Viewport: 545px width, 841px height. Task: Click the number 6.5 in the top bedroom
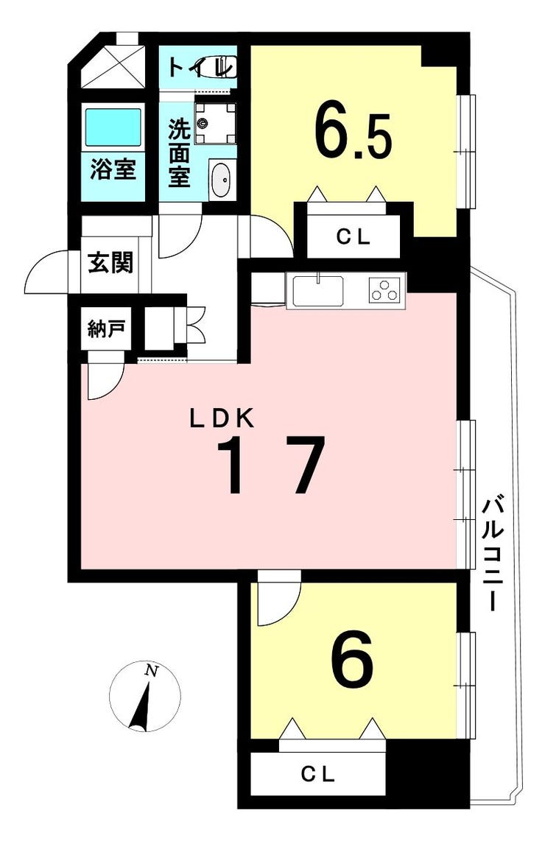pos(352,131)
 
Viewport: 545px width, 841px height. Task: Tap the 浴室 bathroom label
pos(113,169)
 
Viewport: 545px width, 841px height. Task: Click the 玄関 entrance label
pos(110,262)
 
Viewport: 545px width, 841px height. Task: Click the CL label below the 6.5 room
pos(353,237)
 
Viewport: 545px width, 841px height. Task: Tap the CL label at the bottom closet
pos(318,774)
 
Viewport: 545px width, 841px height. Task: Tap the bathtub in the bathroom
pos(113,127)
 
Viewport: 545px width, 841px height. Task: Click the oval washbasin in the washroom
pos(220,179)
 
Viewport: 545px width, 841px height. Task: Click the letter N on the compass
pos(151,671)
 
